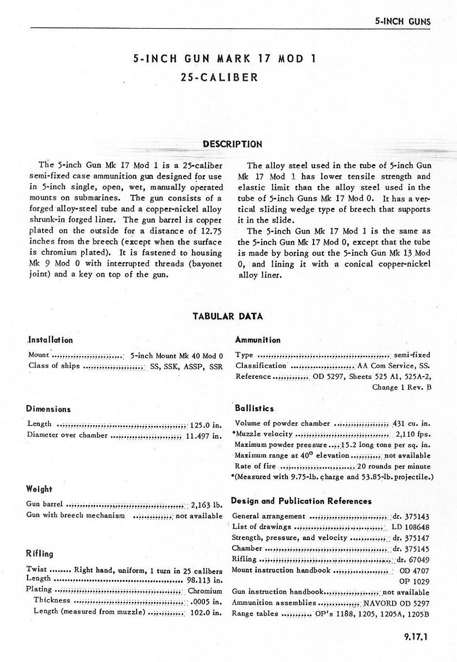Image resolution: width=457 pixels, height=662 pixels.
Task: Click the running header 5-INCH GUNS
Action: pos(403,22)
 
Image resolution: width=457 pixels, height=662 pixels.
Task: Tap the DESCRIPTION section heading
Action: pos(233,144)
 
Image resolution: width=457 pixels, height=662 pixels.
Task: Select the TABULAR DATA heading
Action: pos(228,316)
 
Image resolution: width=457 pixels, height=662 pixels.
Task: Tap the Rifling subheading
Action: pos(40,553)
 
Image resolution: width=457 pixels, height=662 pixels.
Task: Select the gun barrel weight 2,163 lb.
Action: pos(207,504)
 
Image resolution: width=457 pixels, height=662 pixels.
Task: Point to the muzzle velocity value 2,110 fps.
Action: pos(413,434)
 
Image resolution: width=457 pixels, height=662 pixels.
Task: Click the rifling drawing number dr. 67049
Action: pos(413,559)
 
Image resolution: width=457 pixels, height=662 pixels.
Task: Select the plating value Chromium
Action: pos(205,591)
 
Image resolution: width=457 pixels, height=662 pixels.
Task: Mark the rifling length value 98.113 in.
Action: pos(205,580)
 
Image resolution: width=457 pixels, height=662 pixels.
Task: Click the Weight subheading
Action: pos(39,489)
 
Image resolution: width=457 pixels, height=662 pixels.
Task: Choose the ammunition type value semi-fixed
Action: pos(412,355)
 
